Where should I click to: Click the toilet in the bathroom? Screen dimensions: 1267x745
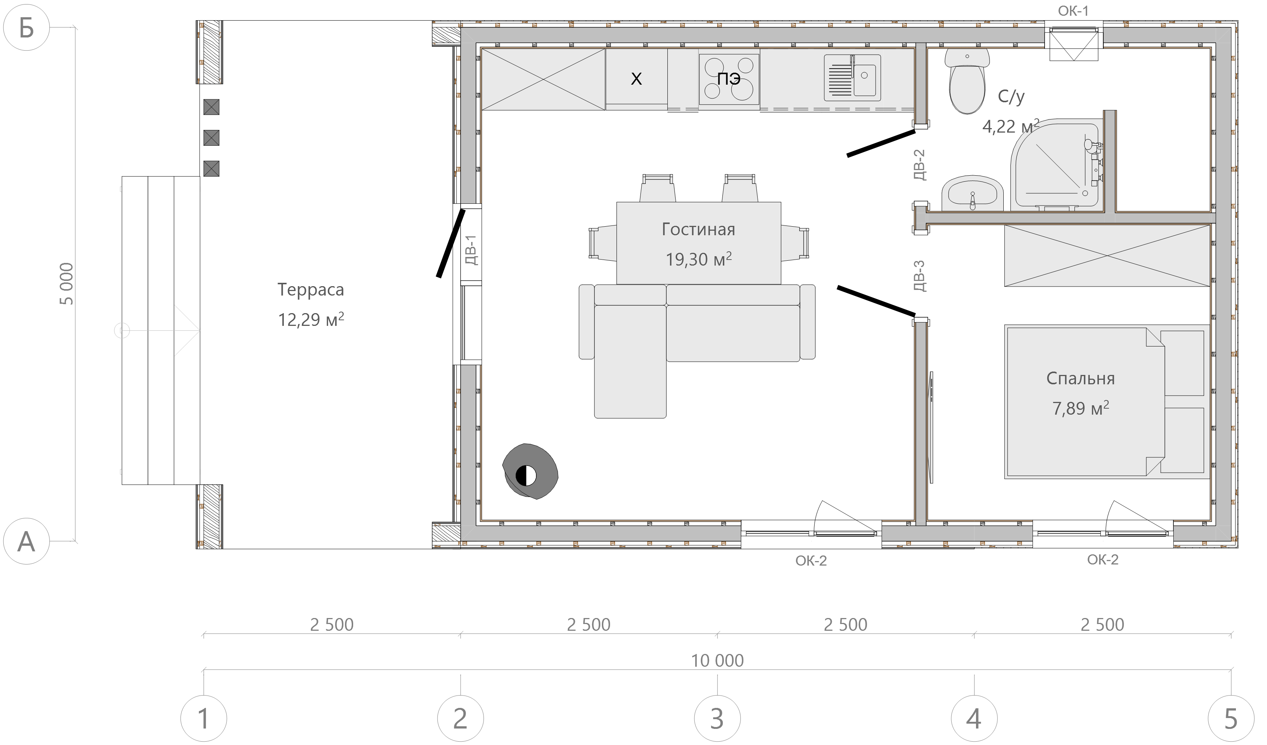(x=967, y=81)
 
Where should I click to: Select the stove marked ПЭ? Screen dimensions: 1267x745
(x=729, y=79)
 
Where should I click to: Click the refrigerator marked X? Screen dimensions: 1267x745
(x=637, y=79)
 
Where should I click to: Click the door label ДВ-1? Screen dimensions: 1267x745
(x=471, y=250)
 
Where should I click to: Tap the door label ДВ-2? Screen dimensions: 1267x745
(x=919, y=164)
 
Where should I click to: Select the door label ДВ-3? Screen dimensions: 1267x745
(x=919, y=276)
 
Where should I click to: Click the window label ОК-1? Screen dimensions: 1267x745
(x=1073, y=11)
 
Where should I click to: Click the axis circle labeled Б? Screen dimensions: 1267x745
(x=26, y=28)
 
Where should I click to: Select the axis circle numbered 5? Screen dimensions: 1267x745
(x=1231, y=718)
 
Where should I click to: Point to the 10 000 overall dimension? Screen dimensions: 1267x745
(x=718, y=660)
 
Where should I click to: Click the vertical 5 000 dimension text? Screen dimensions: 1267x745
(x=66, y=284)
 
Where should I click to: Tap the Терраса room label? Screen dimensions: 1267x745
(x=311, y=290)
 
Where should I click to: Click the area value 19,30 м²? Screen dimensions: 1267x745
(x=698, y=259)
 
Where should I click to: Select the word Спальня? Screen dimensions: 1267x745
(x=1080, y=378)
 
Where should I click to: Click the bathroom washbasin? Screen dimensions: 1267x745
(x=972, y=194)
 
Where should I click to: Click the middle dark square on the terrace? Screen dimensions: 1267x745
(x=211, y=137)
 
